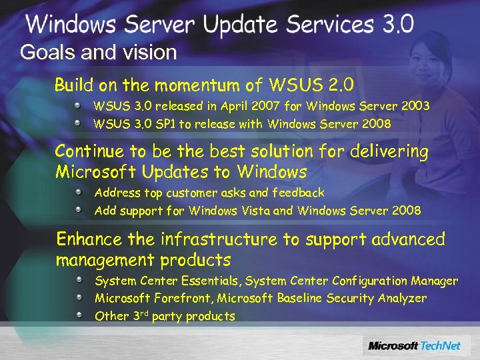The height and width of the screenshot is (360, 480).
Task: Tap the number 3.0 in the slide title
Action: tap(398, 25)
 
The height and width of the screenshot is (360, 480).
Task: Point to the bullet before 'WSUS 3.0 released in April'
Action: tap(78, 106)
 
